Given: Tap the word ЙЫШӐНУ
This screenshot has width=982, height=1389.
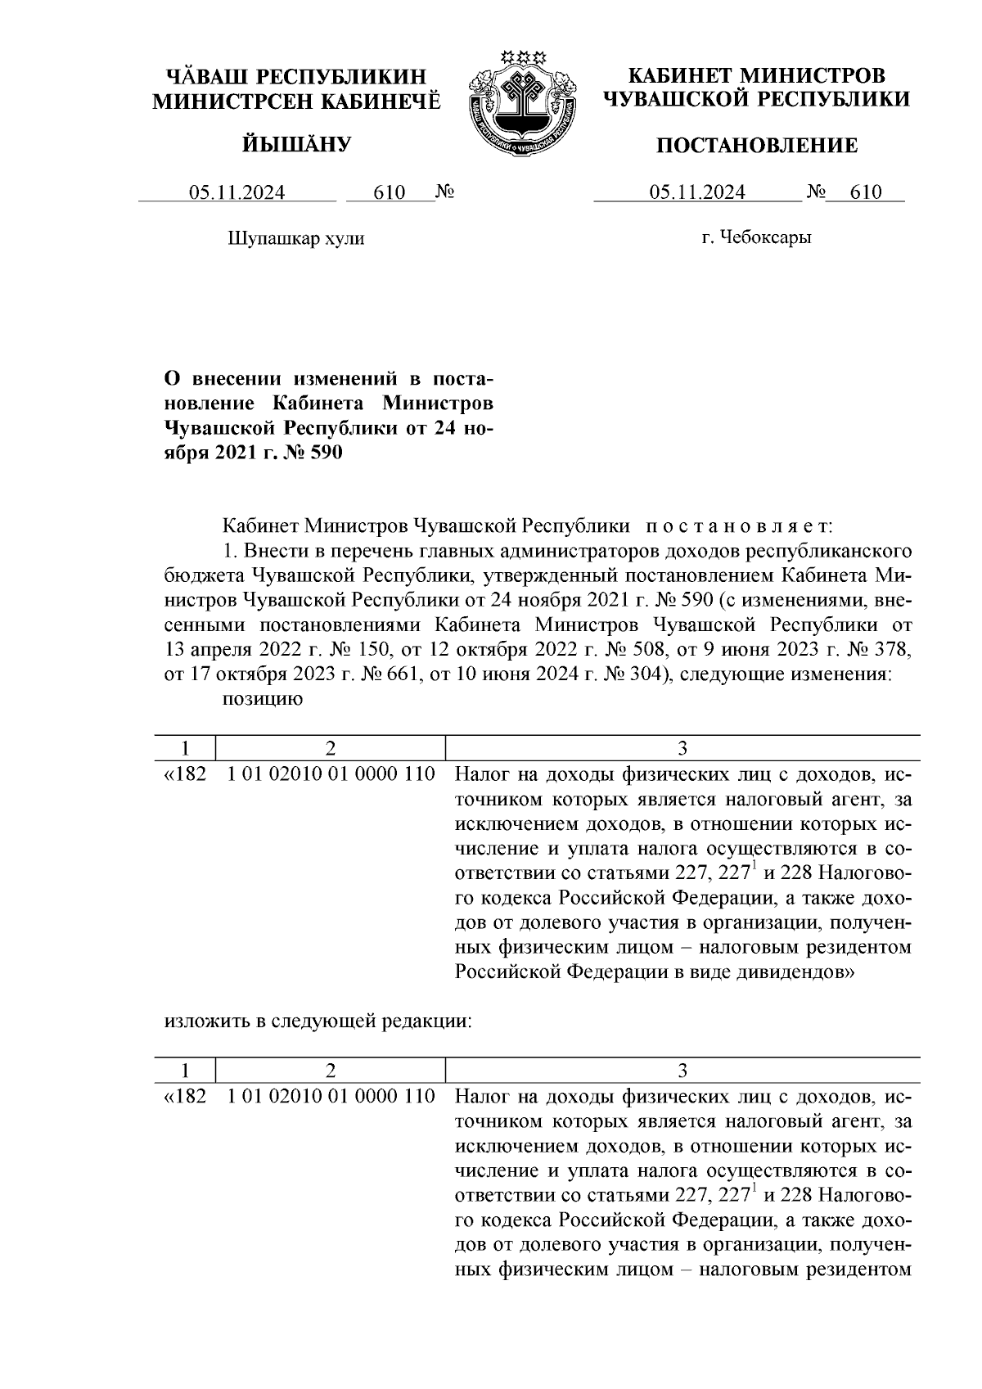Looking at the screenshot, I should coord(296,145).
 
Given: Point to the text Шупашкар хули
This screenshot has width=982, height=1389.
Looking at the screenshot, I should coord(295,238).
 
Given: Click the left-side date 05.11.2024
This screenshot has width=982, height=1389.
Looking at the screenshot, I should coord(237,193).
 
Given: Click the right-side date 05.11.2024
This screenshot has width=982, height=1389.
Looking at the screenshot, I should coord(697,193).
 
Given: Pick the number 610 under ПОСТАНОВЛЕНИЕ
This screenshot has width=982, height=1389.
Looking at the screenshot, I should coord(866,193).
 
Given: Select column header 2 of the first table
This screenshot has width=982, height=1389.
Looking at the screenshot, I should coord(330,748).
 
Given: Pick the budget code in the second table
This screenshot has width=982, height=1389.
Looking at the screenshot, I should coord(331,1096).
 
